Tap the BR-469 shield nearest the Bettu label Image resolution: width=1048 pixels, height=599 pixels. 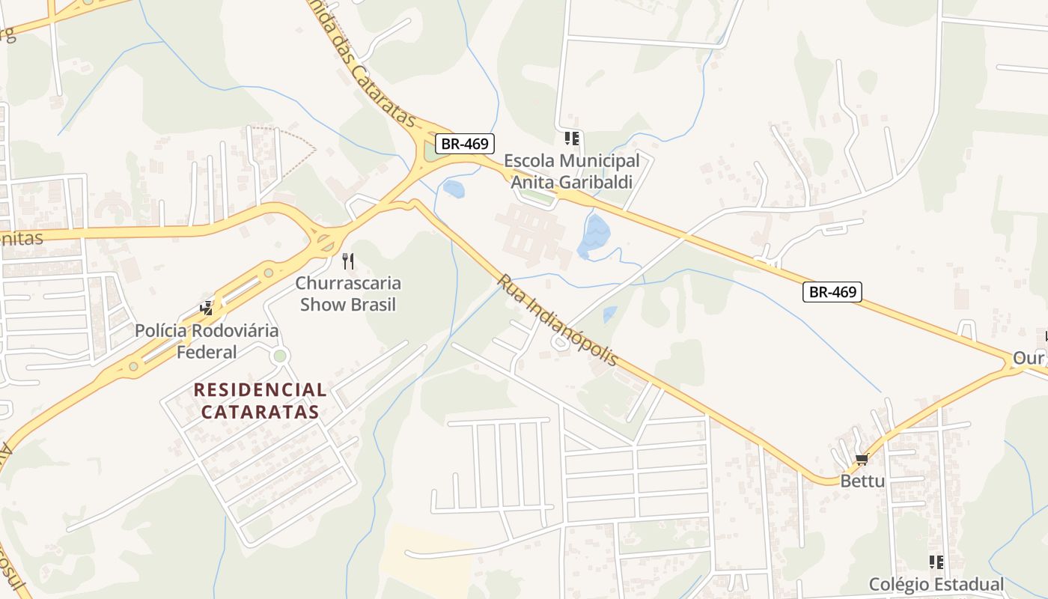[832, 292]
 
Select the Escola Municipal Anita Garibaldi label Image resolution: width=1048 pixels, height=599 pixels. [572, 171]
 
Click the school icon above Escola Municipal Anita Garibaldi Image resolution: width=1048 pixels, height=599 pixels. [572, 139]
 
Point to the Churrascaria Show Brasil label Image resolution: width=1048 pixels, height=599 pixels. [348, 294]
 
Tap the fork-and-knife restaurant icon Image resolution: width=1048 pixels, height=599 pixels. [347, 261]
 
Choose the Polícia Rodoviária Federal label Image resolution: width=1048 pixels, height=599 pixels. [207, 341]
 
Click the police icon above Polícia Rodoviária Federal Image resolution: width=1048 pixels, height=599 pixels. [207, 308]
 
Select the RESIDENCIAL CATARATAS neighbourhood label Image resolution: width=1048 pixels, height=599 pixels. [261, 401]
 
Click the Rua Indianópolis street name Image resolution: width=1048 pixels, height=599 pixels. [558, 320]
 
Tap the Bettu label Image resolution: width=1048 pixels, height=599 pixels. [862, 481]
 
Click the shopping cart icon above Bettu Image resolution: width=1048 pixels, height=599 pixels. [862, 460]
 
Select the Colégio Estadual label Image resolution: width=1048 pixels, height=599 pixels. [936, 584]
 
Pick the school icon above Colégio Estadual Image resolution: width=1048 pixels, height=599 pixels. [936, 562]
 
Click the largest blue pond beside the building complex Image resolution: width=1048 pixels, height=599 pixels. [595, 236]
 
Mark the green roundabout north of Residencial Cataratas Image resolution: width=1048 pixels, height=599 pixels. [280, 356]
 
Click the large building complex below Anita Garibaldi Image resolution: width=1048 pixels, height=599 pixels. [531, 232]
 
